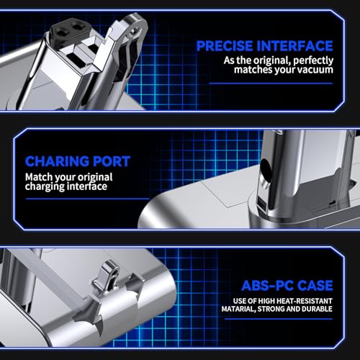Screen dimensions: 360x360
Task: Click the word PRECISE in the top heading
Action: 225,46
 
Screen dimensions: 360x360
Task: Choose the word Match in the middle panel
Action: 39,177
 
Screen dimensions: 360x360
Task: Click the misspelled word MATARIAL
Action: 238,309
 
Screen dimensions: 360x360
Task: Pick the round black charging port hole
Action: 266,169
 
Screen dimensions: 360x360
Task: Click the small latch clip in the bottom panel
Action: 106,276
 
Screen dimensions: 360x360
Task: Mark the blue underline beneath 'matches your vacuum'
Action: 271,84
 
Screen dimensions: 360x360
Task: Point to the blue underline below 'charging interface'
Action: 87,199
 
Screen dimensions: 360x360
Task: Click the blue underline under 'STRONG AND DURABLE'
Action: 279,319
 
